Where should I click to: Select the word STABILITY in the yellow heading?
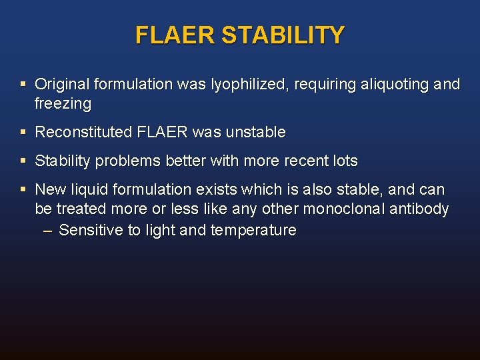(x=283, y=35)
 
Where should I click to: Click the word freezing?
(x=63, y=104)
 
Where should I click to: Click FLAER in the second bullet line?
(x=162, y=133)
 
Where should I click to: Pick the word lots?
(x=345, y=161)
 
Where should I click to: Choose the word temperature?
(x=256, y=231)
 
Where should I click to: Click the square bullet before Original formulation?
(x=23, y=85)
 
